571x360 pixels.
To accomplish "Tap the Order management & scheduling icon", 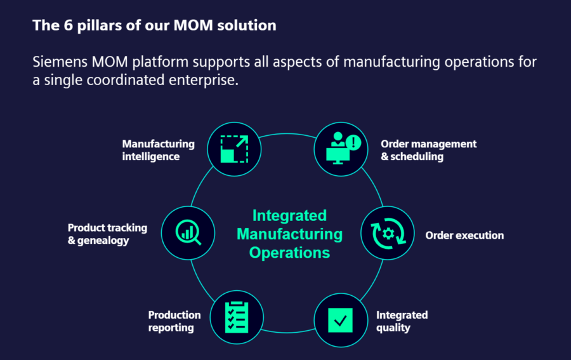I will [341, 149].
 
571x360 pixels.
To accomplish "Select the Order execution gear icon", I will [387, 234].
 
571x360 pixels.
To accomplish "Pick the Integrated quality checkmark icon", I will [341, 319].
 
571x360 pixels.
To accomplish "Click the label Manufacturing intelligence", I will [158, 150].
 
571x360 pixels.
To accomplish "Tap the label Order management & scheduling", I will [428, 150].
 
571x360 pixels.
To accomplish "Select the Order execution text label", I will [464, 236].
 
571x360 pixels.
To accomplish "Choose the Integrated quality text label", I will [402, 321].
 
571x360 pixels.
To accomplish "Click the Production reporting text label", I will [174, 321].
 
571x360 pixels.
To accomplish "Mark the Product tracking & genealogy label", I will [107, 234].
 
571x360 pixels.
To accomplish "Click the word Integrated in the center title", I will [289, 215].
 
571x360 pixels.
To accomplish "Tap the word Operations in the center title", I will [289, 252].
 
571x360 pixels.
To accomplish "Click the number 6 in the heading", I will [61, 26].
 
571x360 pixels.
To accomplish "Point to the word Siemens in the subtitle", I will [62, 62].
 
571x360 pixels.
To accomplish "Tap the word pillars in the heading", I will [89, 26].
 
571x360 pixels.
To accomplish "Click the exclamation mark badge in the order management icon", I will [353, 143].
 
